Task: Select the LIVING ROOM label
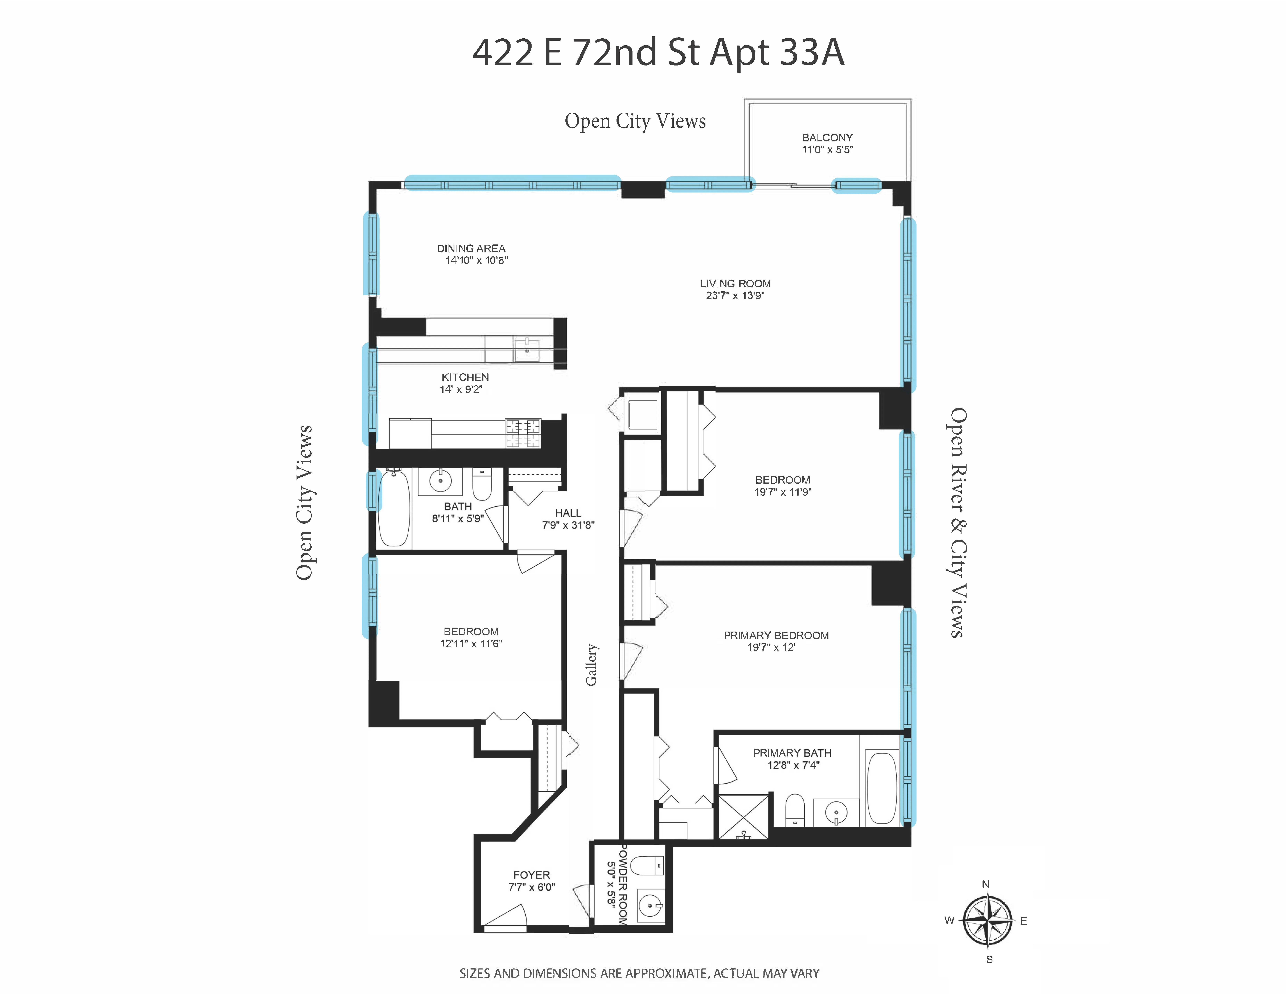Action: [735, 283]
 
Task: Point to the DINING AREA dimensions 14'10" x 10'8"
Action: [476, 260]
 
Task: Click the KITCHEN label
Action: [465, 377]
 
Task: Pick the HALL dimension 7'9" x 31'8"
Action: [568, 525]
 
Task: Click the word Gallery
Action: [591, 664]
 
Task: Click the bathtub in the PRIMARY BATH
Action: [881, 787]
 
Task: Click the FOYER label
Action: [531, 875]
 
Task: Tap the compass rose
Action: [988, 920]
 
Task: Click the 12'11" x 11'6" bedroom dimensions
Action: [471, 644]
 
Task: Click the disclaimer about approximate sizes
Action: [639, 973]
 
